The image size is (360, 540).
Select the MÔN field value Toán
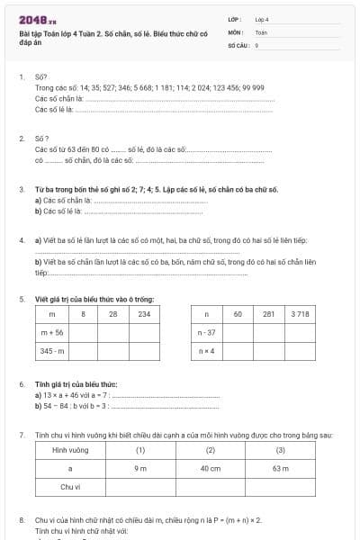(x=261, y=31)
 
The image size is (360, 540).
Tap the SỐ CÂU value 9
(x=257, y=44)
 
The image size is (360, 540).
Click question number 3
(x=21, y=191)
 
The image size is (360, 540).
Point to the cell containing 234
(x=144, y=314)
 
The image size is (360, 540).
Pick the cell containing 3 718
(x=301, y=314)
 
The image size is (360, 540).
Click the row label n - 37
(x=206, y=332)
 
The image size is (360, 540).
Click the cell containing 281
(x=268, y=314)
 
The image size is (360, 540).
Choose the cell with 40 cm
(x=211, y=468)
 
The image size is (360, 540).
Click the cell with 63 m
(x=280, y=468)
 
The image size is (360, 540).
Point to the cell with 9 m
(x=140, y=468)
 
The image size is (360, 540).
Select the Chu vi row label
(x=70, y=486)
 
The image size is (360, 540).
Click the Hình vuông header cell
(x=70, y=449)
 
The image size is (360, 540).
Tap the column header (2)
(x=211, y=449)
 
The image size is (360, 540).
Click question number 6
(x=21, y=384)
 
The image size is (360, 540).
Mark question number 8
(x=21, y=520)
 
